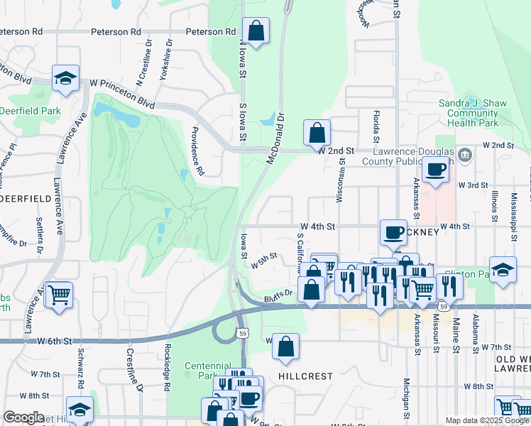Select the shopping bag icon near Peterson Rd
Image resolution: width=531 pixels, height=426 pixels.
pyautogui.click(x=256, y=31)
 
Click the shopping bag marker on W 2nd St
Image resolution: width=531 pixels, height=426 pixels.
pyautogui.click(x=317, y=132)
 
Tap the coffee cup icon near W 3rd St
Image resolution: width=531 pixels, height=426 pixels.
pyautogui.click(x=435, y=170)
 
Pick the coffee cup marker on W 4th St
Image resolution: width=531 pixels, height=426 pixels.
pyautogui.click(x=393, y=232)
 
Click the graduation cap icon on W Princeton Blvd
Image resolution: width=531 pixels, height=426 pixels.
pyautogui.click(x=65, y=77)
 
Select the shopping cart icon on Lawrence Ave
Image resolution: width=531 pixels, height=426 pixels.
pyautogui.click(x=59, y=293)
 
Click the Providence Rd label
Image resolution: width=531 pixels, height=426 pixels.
pyautogui.click(x=198, y=151)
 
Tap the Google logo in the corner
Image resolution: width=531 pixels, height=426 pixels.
pyautogui.click(x=23, y=417)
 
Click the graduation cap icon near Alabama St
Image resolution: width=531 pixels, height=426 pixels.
pyautogui.click(x=503, y=271)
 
